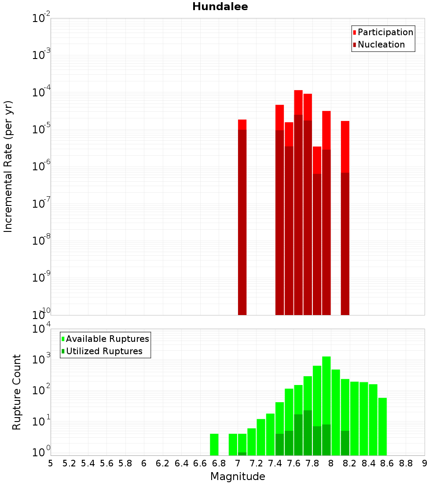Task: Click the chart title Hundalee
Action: (220, 7)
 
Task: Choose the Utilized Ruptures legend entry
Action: (104, 351)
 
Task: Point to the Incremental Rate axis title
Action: (8, 166)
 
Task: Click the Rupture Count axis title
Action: (17, 392)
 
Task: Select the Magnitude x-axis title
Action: (238, 477)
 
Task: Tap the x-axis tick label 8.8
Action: (406, 463)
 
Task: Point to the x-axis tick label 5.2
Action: (69, 463)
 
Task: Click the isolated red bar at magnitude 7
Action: (242, 220)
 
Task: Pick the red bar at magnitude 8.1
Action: (345, 220)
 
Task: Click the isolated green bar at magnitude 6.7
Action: (214, 444)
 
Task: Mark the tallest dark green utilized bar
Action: (308, 433)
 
